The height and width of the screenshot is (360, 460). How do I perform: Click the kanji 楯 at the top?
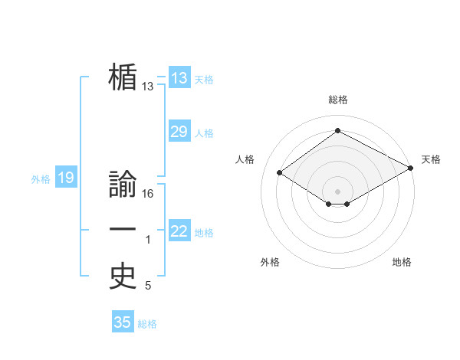tap(123, 77)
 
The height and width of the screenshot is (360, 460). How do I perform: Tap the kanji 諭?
tap(123, 185)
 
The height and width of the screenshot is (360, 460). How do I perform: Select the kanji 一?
tap(123, 231)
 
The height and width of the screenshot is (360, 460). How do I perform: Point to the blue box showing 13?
tap(179, 78)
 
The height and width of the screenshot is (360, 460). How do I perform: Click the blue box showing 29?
tap(179, 132)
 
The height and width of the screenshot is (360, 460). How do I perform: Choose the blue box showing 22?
tap(179, 231)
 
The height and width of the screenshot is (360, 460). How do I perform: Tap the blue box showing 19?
tap(65, 178)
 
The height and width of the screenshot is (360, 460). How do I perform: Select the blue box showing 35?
tap(122, 322)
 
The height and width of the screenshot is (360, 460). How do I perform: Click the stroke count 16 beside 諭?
tap(148, 194)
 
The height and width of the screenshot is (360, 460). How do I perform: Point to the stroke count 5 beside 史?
tap(148, 286)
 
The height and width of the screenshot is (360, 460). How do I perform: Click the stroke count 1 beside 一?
tap(148, 240)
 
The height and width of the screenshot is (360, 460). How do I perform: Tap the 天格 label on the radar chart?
tap(431, 159)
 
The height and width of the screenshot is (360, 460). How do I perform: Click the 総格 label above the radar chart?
tap(337, 100)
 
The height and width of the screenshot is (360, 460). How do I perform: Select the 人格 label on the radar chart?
tap(245, 159)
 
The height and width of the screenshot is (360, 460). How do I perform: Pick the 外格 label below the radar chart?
tap(270, 262)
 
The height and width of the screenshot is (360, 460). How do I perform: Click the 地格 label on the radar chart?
tap(402, 262)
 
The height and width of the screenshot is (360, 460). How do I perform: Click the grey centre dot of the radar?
tap(337, 191)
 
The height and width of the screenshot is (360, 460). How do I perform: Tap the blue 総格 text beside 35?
tap(147, 324)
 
